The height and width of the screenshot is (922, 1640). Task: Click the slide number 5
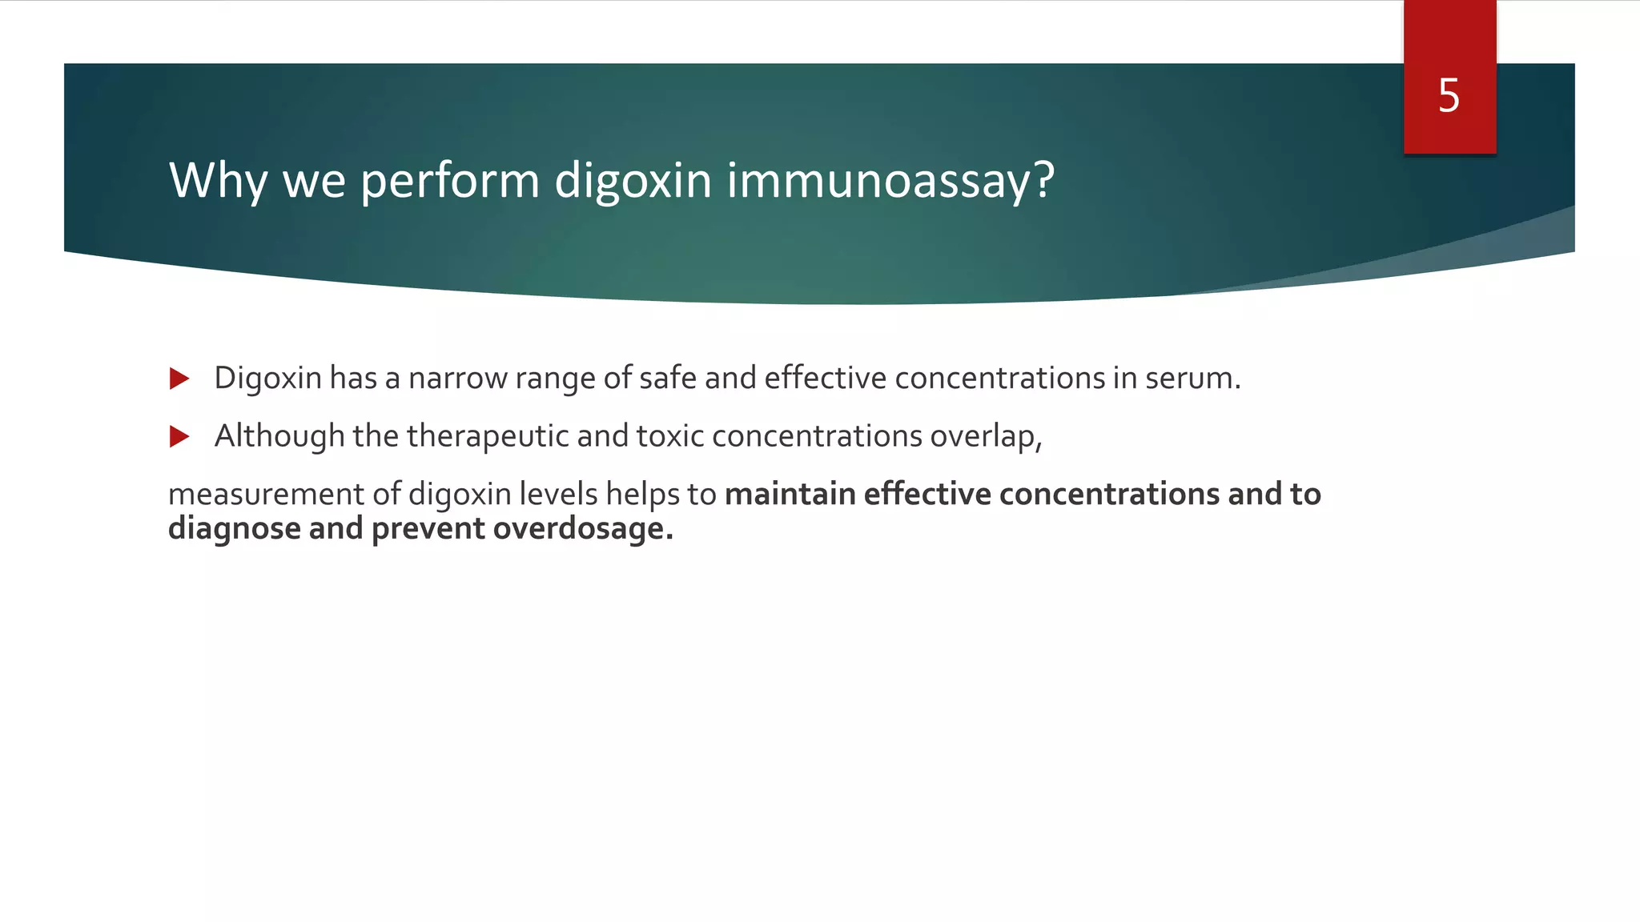1449,96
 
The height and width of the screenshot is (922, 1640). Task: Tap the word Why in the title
217,181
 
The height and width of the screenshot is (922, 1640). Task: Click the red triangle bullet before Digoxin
179,379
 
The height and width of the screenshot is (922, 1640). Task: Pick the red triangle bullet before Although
179,437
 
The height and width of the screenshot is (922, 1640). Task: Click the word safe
667,379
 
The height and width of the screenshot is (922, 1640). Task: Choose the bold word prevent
428,529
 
